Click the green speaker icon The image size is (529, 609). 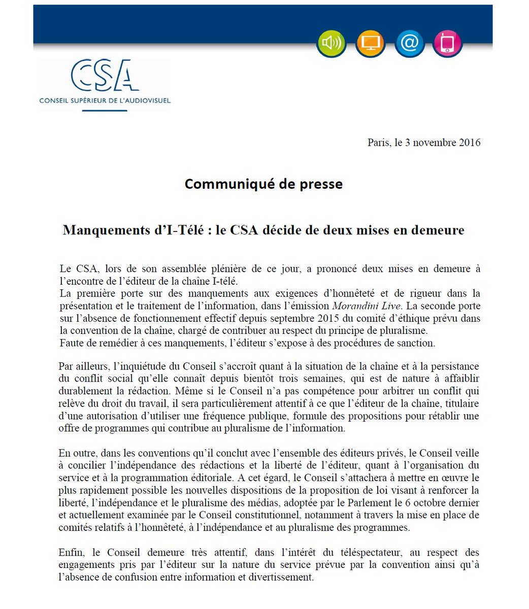pos(331,43)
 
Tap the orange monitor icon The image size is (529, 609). pos(370,43)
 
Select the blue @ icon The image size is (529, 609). pos(409,43)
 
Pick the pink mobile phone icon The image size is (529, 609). pos(448,43)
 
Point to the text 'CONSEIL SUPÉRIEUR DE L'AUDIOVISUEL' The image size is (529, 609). pos(105,100)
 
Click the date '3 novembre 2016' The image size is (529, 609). pos(443,143)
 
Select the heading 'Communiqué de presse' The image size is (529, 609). pos(263,184)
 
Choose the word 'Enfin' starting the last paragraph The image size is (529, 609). pos(70,553)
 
